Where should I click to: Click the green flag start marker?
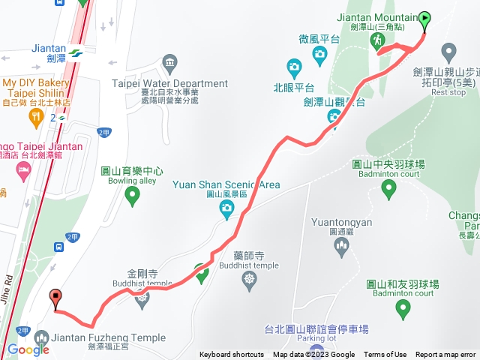click(425, 18)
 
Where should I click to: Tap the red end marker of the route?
click(54, 298)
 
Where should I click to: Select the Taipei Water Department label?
click(169, 84)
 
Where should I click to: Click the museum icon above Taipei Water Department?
click(169, 61)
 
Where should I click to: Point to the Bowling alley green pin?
click(133, 197)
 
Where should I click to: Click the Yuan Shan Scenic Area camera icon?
click(226, 211)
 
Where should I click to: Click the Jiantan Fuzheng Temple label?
click(109, 337)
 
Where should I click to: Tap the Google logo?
click(28, 350)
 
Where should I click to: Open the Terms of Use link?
click(385, 355)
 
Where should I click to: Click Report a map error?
click(445, 355)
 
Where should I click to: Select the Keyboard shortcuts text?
click(232, 355)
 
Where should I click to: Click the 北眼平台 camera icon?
click(294, 67)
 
